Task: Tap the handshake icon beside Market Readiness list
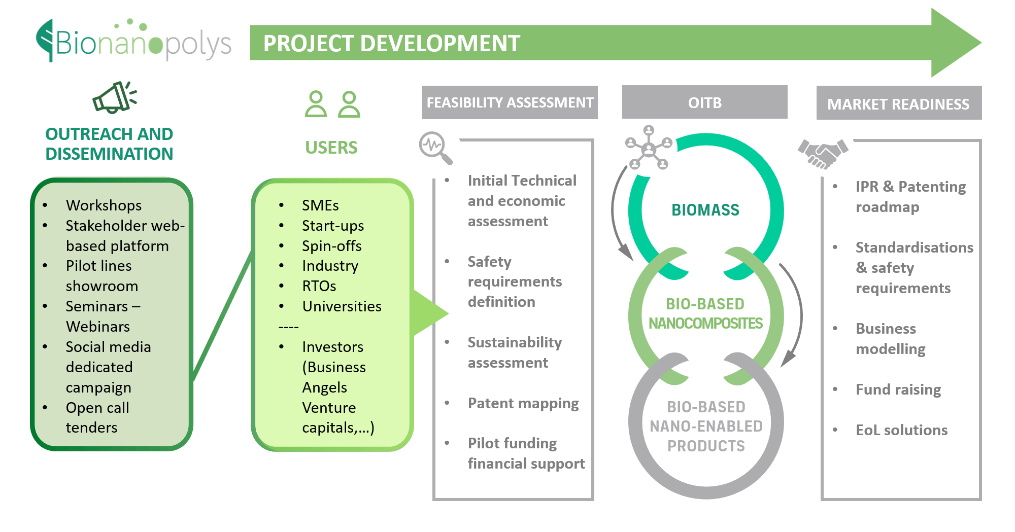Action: click(823, 153)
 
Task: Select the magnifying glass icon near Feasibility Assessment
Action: click(435, 148)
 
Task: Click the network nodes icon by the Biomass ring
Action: click(649, 148)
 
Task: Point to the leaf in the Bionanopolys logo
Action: click(45, 41)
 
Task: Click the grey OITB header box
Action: click(704, 102)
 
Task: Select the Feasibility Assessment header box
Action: click(510, 102)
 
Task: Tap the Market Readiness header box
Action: click(899, 103)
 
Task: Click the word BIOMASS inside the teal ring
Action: click(705, 209)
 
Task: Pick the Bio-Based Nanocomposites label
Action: click(705, 313)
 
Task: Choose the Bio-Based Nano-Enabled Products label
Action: click(706, 426)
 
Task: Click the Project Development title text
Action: click(392, 43)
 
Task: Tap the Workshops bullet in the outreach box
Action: click(104, 205)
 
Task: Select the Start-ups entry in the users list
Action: click(333, 226)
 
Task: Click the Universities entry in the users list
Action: click(342, 306)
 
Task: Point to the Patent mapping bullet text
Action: click(523, 404)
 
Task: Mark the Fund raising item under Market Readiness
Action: click(898, 389)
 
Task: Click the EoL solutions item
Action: click(901, 430)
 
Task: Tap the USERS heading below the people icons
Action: click(331, 148)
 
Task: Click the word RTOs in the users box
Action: click(319, 286)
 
